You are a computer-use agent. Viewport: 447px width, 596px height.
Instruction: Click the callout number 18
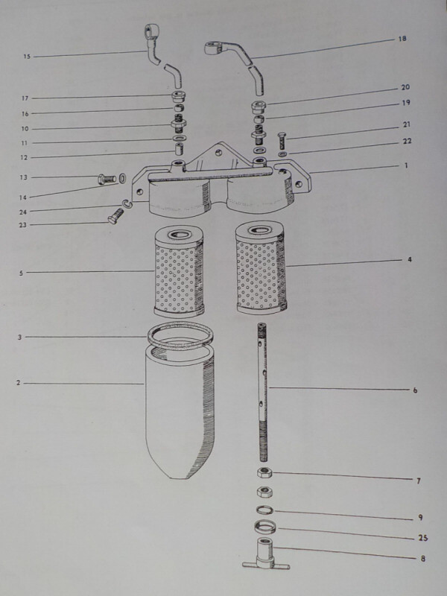click(x=402, y=39)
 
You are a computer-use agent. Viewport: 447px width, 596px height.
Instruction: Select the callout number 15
click(x=27, y=57)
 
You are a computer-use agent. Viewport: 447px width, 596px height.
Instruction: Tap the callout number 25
click(x=423, y=538)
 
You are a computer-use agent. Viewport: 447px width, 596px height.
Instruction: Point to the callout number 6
click(x=415, y=390)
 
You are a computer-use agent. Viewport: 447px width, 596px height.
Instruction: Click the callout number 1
click(x=406, y=165)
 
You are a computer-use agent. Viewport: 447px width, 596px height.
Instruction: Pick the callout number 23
click(x=23, y=225)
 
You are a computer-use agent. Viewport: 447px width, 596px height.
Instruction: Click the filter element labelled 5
click(x=179, y=271)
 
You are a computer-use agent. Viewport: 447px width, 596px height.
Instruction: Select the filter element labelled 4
click(x=261, y=268)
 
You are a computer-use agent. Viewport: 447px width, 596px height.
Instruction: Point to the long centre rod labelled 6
click(x=262, y=392)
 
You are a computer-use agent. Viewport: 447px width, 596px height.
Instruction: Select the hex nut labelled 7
click(x=264, y=473)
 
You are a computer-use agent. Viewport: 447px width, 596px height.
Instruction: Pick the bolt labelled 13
click(x=107, y=178)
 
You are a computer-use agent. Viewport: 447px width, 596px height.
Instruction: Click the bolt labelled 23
click(x=115, y=216)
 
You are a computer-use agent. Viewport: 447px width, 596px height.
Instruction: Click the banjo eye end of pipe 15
click(x=151, y=31)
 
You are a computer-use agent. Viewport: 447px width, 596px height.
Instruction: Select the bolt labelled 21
click(x=282, y=140)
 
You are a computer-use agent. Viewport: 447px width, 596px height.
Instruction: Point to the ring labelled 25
click(x=265, y=527)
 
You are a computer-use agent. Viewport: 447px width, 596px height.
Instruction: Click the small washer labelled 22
click(x=282, y=154)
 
